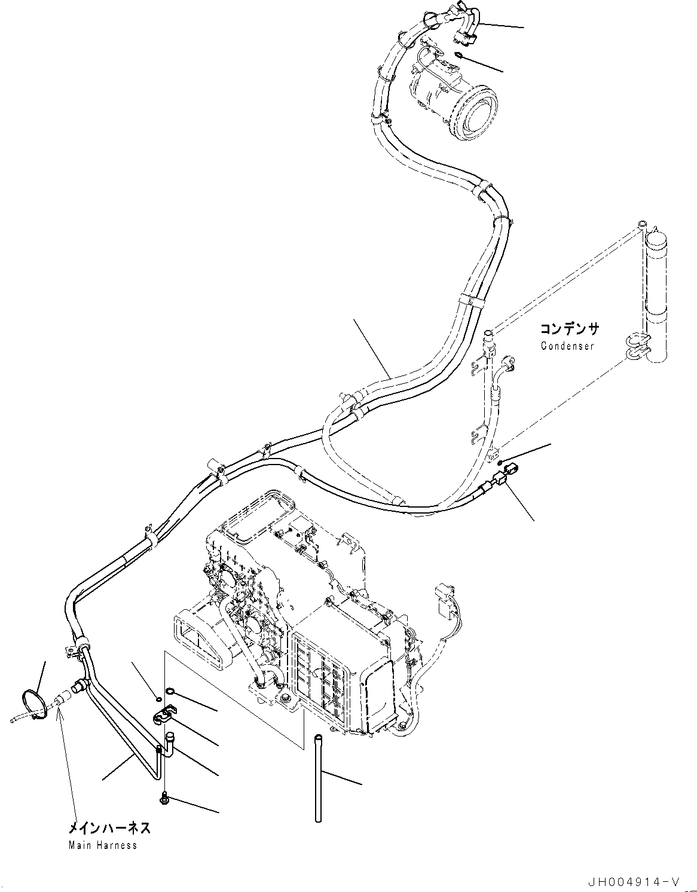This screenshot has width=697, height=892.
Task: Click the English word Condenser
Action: pos(567,346)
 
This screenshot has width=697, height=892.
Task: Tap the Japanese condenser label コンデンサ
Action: pos(569,329)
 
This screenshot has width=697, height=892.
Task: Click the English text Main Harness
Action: pos(102,845)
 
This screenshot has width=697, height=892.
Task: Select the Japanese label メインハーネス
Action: pos(108,828)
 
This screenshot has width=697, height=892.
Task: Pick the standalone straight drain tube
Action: pos(319,777)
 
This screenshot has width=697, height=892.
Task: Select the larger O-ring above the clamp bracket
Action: pos(171,692)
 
